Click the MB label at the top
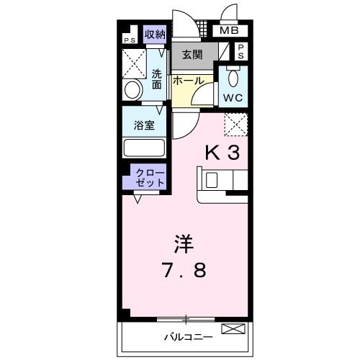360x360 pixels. (x=229, y=31)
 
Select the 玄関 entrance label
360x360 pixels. (x=192, y=55)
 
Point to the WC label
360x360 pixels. (x=233, y=96)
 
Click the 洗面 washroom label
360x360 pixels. (x=156, y=78)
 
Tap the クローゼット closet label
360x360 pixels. (x=148, y=178)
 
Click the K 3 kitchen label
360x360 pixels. (x=223, y=153)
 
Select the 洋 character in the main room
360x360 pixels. (x=182, y=243)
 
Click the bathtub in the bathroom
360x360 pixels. (x=144, y=148)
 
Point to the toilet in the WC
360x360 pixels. (x=233, y=76)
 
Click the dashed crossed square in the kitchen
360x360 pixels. (x=235, y=125)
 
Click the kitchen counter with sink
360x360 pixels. (x=222, y=183)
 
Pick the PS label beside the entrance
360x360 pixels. (x=241, y=50)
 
